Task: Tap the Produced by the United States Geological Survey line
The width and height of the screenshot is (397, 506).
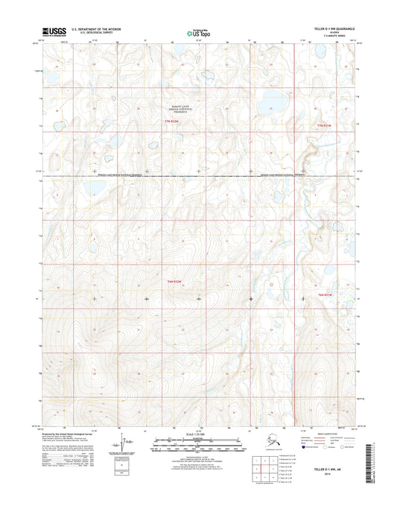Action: [x=77, y=433]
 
